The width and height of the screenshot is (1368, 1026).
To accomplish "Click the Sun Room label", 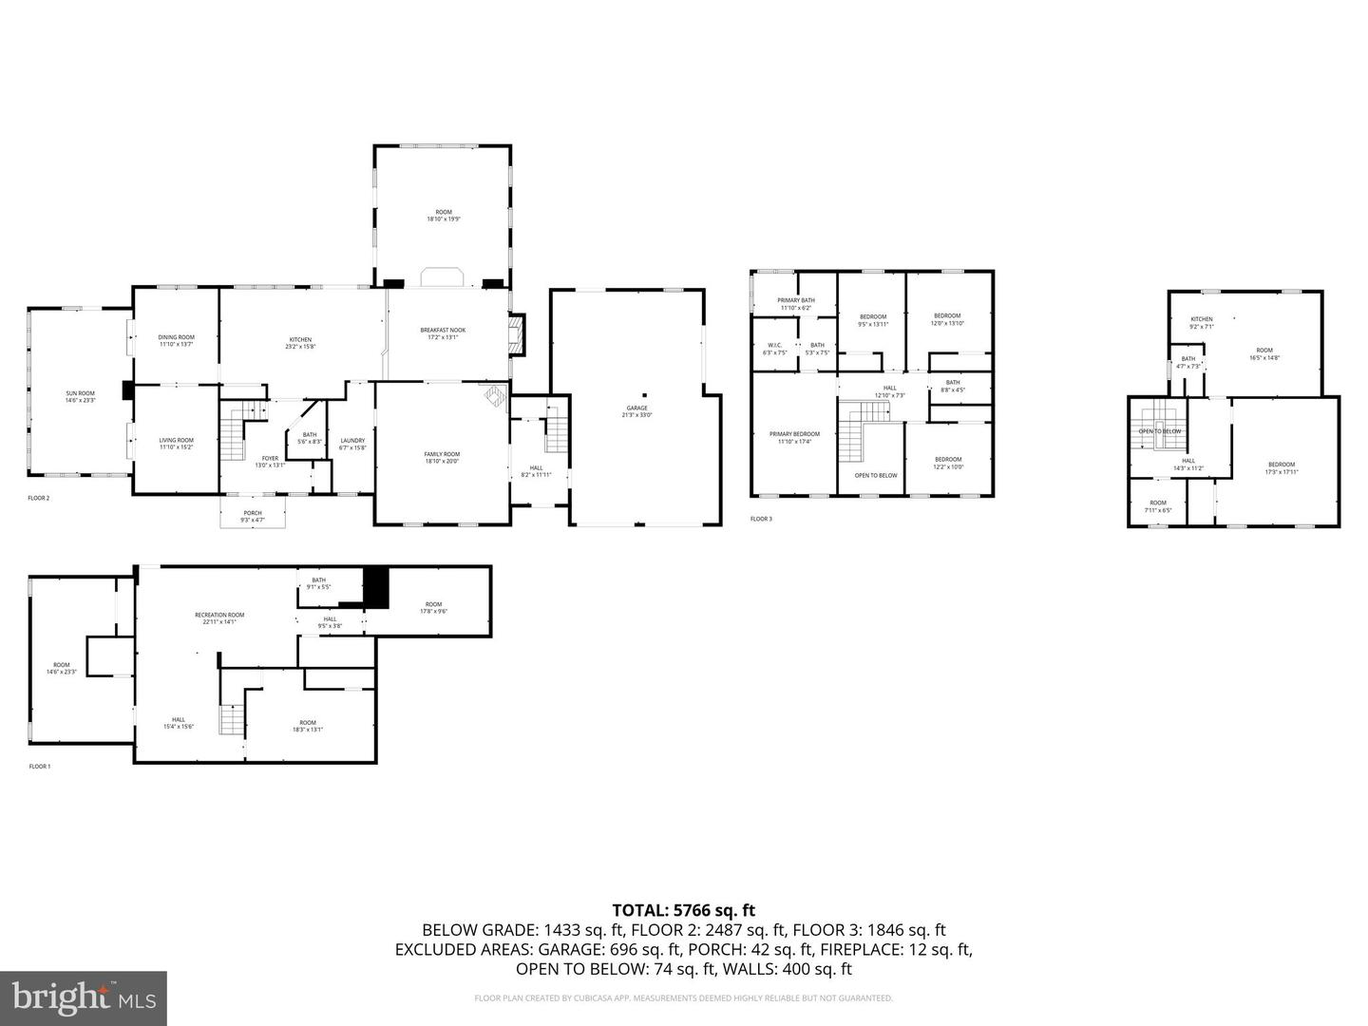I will click(x=80, y=397).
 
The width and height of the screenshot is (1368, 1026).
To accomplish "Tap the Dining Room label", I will click(x=176, y=340).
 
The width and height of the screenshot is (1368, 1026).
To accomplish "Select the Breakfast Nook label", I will click(x=443, y=333).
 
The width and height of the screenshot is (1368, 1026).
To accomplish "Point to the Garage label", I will click(x=636, y=411).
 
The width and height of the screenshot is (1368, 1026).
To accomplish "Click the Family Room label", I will click(x=442, y=458).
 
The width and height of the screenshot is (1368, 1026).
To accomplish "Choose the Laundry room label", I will click(x=352, y=444).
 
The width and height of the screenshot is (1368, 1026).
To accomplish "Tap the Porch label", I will click(x=252, y=516).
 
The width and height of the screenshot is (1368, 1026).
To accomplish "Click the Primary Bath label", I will click(x=796, y=303).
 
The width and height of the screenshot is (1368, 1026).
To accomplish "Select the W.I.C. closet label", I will click(x=774, y=349).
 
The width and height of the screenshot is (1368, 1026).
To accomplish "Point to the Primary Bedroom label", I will click(x=794, y=437).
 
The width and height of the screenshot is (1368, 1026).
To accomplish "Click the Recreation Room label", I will click(x=219, y=618).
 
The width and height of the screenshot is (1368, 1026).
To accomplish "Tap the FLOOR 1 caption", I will click(x=39, y=766).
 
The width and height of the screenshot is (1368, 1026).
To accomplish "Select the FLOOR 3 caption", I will click(x=761, y=519).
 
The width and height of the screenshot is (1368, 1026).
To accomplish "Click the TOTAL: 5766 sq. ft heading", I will click(x=683, y=910).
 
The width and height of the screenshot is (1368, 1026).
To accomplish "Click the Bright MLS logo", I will click(x=84, y=997).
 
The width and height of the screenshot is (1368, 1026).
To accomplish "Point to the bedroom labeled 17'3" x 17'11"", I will click(x=1281, y=467).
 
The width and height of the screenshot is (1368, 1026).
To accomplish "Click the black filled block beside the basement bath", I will click(x=377, y=586).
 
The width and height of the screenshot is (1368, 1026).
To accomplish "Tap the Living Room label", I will click(x=176, y=444).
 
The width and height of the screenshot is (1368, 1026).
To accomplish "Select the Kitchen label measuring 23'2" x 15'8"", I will click(x=300, y=343).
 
